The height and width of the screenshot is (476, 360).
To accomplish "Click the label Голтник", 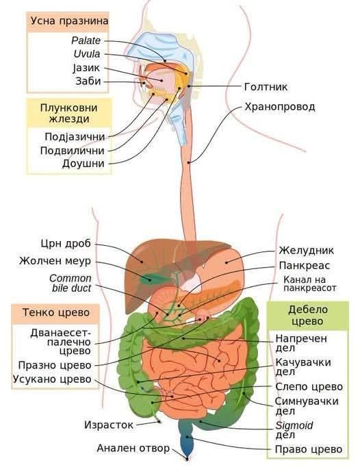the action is point(266,87).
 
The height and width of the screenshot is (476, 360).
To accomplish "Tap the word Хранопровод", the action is point(280,107).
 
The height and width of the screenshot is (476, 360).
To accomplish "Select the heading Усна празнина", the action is point(69,21).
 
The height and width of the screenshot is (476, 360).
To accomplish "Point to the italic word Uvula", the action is point(87,54).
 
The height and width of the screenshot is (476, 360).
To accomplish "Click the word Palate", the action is point(86,40).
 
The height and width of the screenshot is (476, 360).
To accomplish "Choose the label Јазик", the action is point(86,68).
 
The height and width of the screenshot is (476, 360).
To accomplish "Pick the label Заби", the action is point(88,82).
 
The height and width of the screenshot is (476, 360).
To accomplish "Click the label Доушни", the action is point(83,164).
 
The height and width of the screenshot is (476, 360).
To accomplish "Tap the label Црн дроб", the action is point(66,243).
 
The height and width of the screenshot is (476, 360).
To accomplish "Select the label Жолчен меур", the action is point(55,261).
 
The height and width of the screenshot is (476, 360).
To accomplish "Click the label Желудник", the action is point(307,251).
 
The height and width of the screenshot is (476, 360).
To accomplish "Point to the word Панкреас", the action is point(304,266).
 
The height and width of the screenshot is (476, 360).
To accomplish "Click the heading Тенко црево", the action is point(56,312).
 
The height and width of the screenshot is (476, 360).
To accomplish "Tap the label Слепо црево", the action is point(309,387).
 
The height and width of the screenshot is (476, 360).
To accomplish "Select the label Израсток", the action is point(109,425).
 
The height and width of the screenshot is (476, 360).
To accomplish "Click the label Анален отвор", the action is point(133,448).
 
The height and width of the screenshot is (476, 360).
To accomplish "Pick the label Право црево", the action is point(309,449).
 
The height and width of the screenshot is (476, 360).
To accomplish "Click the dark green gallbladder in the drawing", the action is point(151,279).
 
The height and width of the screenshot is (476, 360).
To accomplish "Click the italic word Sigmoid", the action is point(294,425).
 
